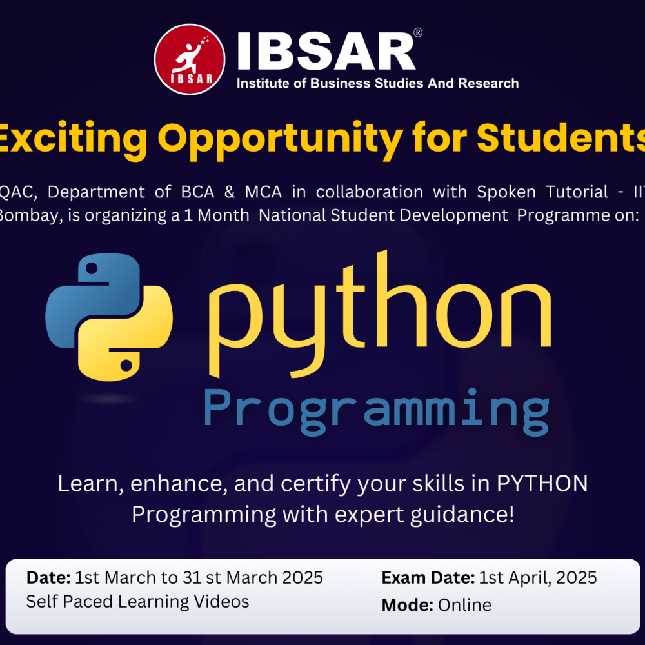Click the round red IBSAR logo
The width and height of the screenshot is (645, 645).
coord(190,59)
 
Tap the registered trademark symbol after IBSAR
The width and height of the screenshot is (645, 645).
coord(418,33)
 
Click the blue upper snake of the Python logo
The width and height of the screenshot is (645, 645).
coord(97,284)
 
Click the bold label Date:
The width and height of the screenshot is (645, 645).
coord(48,577)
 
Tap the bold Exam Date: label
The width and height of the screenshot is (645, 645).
coord(428,577)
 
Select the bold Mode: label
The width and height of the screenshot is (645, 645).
coord(408,605)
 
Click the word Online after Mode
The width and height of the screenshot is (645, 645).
coord(464,605)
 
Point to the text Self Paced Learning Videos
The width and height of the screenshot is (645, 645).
coord(137,601)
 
